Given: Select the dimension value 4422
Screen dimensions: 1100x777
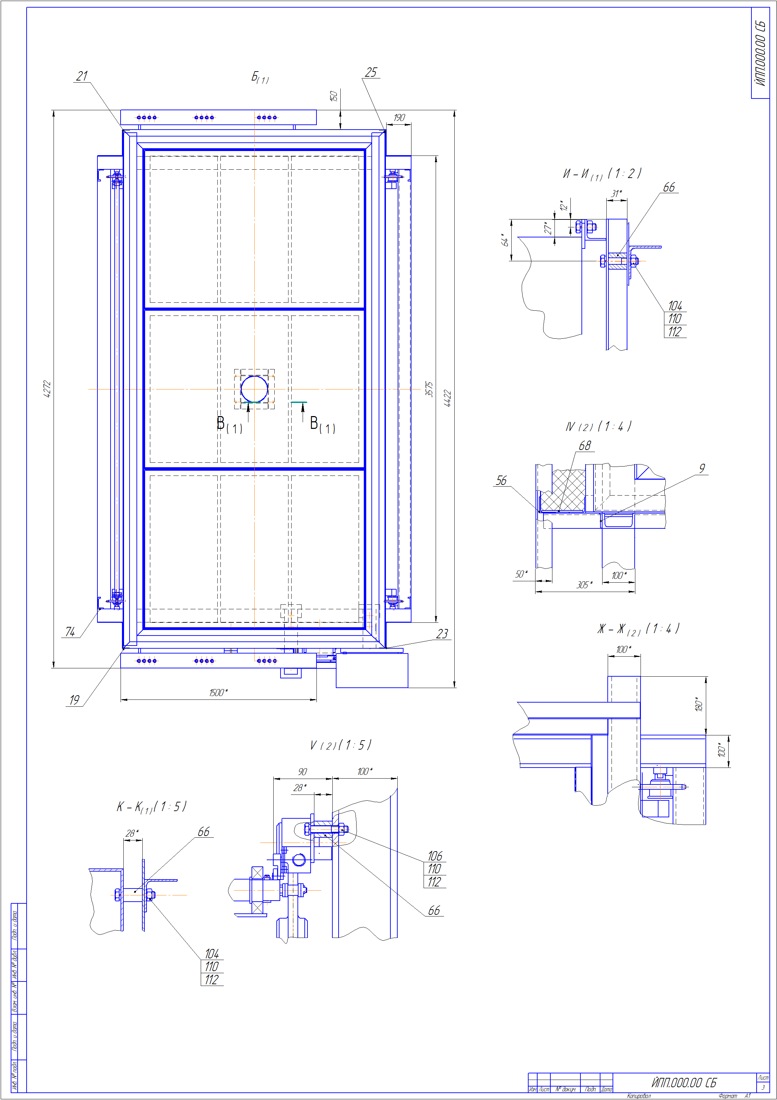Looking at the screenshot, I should click(447, 398).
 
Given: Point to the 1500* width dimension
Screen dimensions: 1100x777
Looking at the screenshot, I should click(218, 692).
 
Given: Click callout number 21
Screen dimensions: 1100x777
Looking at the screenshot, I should click(82, 76).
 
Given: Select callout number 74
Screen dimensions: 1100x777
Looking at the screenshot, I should click(70, 632).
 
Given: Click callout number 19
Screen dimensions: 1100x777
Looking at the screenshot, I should click(74, 700).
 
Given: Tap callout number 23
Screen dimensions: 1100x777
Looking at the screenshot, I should click(442, 634).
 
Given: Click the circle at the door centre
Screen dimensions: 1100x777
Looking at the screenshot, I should click(254, 388).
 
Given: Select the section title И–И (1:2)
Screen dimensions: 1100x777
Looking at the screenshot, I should click(602, 173).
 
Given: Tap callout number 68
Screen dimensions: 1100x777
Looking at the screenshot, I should click(585, 445).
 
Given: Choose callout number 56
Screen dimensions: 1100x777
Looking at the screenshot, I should click(501, 480).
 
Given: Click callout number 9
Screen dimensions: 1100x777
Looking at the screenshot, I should click(702, 468).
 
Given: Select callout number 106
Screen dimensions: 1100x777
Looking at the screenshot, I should click(435, 856).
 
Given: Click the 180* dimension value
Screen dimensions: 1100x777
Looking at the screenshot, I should click(699, 704).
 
